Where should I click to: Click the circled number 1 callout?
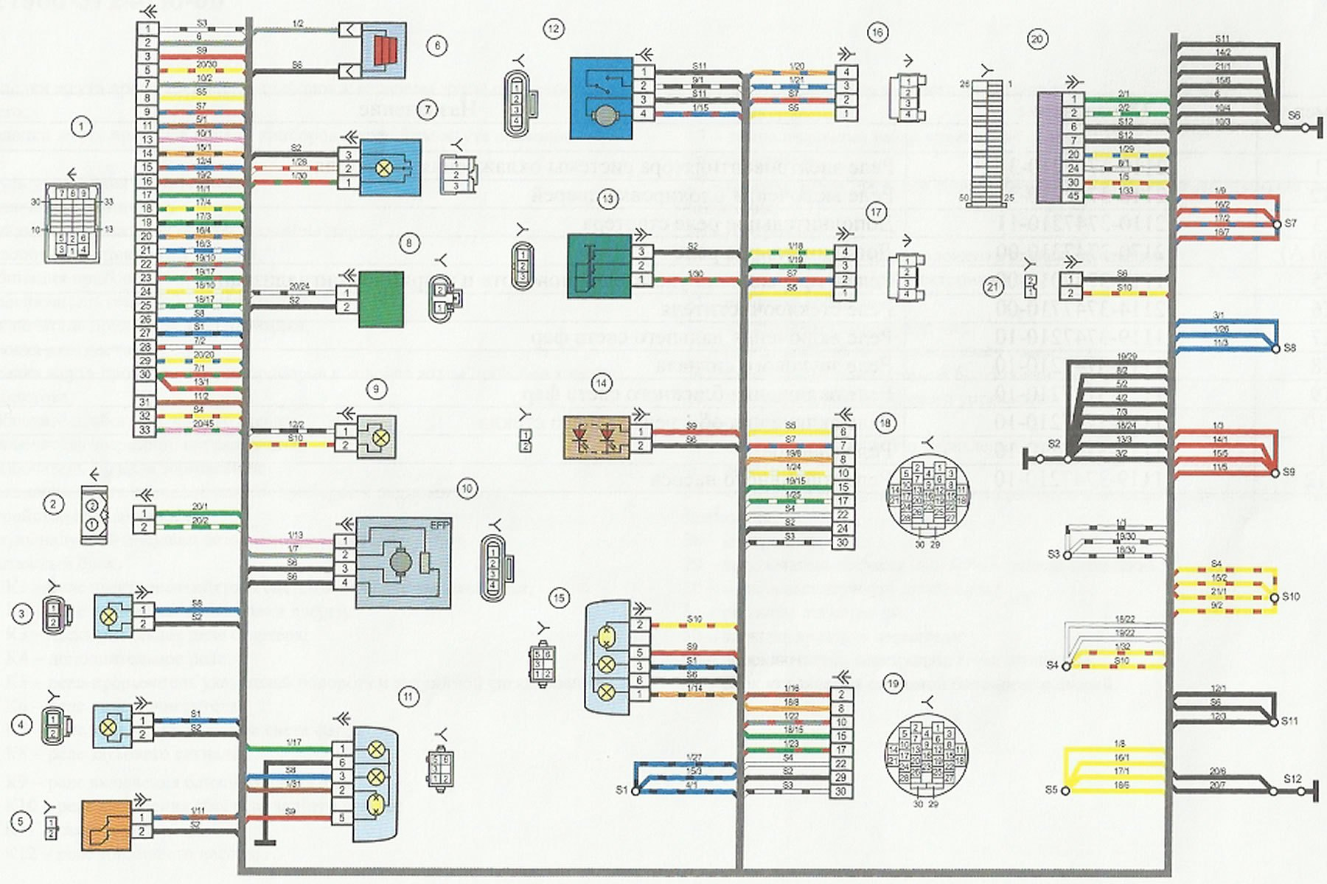coord(81,127)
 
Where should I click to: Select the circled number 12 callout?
coord(553,29)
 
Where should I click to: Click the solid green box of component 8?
coord(380,299)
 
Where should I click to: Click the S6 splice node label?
coord(1294,116)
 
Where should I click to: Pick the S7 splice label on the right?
coord(1290,223)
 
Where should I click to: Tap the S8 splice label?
coord(1289,347)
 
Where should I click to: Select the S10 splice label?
coord(1291,596)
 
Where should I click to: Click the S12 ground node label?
coord(1292,779)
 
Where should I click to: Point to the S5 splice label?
coord(1051,790)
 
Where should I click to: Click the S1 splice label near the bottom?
coord(621,790)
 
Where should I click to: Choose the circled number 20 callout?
coord(1037,39)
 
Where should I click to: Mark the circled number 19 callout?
coord(893,683)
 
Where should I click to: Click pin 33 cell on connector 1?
coord(145,430)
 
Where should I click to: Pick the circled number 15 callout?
coord(559,598)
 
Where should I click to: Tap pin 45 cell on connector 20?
coord(1073,196)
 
